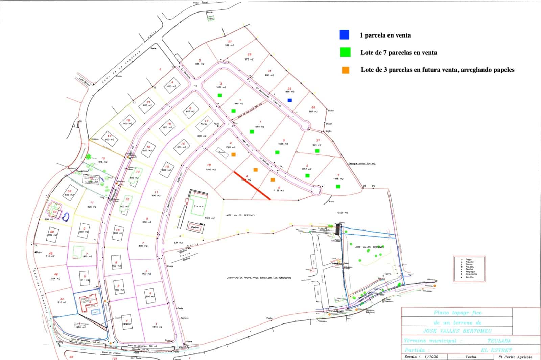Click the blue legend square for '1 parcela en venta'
pyautogui.click(x=345, y=35)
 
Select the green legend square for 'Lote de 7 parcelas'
pyautogui.click(x=346, y=52)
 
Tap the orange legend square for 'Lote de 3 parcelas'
pyautogui.click(x=346, y=70)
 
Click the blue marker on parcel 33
pyautogui.click(x=289, y=100)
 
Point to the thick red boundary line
pyautogui.click(x=252, y=186)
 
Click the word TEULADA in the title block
pyautogui.click(x=499, y=341)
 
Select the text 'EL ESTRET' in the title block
pyautogui.click(x=496, y=350)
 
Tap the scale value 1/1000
pyautogui.click(x=431, y=357)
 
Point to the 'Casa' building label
pyautogui.click(x=198, y=206)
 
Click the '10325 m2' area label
pyautogui.click(x=342, y=213)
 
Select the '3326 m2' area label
pyautogui.click(x=210, y=218)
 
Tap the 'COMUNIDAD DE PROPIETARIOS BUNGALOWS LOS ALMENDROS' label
pyautogui.click(x=259, y=278)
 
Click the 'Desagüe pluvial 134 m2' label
pyautogui.click(x=362, y=164)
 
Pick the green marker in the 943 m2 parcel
pyautogui.click(x=317, y=151)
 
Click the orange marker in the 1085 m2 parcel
pyautogui.click(x=234, y=154)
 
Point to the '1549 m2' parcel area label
pyautogui.click(x=260, y=127)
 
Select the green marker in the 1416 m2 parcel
pyautogui.click(x=338, y=186)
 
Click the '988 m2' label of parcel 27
pyautogui.click(x=230, y=45)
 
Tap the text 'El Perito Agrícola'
pyautogui.click(x=515, y=357)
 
